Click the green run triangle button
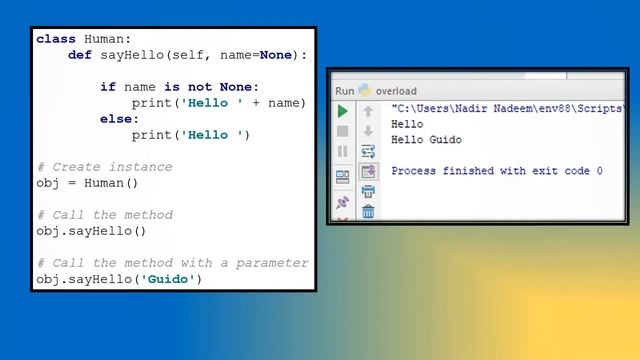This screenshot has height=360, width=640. tap(342, 110)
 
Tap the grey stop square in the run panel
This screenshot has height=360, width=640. tap(342, 130)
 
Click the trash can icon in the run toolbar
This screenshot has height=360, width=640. tap(368, 211)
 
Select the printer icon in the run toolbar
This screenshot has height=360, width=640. tap(368, 191)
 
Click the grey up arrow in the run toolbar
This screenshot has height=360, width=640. tap(368, 111)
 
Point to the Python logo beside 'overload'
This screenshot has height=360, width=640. tap(365, 90)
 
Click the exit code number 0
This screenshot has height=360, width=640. tap(599, 171)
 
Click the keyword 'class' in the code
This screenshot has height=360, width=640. tap(56, 39)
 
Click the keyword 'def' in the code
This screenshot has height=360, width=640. tap(80, 55)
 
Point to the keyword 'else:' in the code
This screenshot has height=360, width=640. tap(120, 119)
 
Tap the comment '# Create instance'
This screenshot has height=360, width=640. tap(104, 167)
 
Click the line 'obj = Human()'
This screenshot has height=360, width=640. tap(88, 183)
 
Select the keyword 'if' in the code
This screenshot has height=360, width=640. tap(108, 87)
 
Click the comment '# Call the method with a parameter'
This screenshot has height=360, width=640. tap(172, 263)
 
